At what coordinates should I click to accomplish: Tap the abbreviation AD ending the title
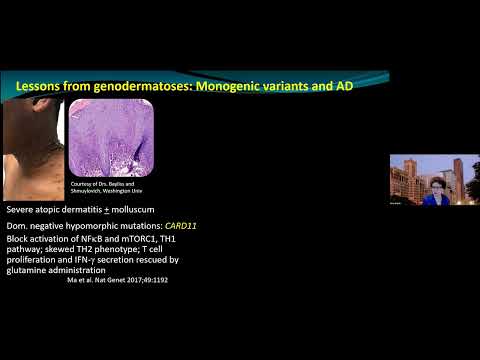click(x=345, y=87)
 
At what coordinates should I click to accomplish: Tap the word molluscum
click(x=140, y=212)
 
